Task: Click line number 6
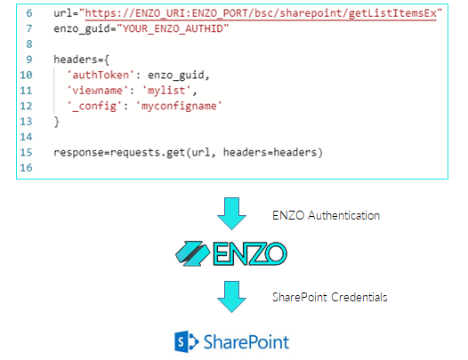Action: (29, 13)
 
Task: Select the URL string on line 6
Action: (261, 13)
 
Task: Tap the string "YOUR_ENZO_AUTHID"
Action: (173, 29)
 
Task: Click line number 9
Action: (29, 60)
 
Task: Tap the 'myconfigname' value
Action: (179, 106)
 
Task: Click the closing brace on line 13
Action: (56, 122)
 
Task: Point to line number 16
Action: (26, 168)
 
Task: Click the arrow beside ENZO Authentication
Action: (231, 213)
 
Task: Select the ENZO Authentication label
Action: (326, 215)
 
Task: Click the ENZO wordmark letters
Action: (250, 254)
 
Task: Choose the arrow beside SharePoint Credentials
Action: (231, 297)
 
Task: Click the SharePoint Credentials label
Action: (330, 297)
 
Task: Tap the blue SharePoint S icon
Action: (186, 341)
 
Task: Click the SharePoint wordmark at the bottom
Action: (246, 342)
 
